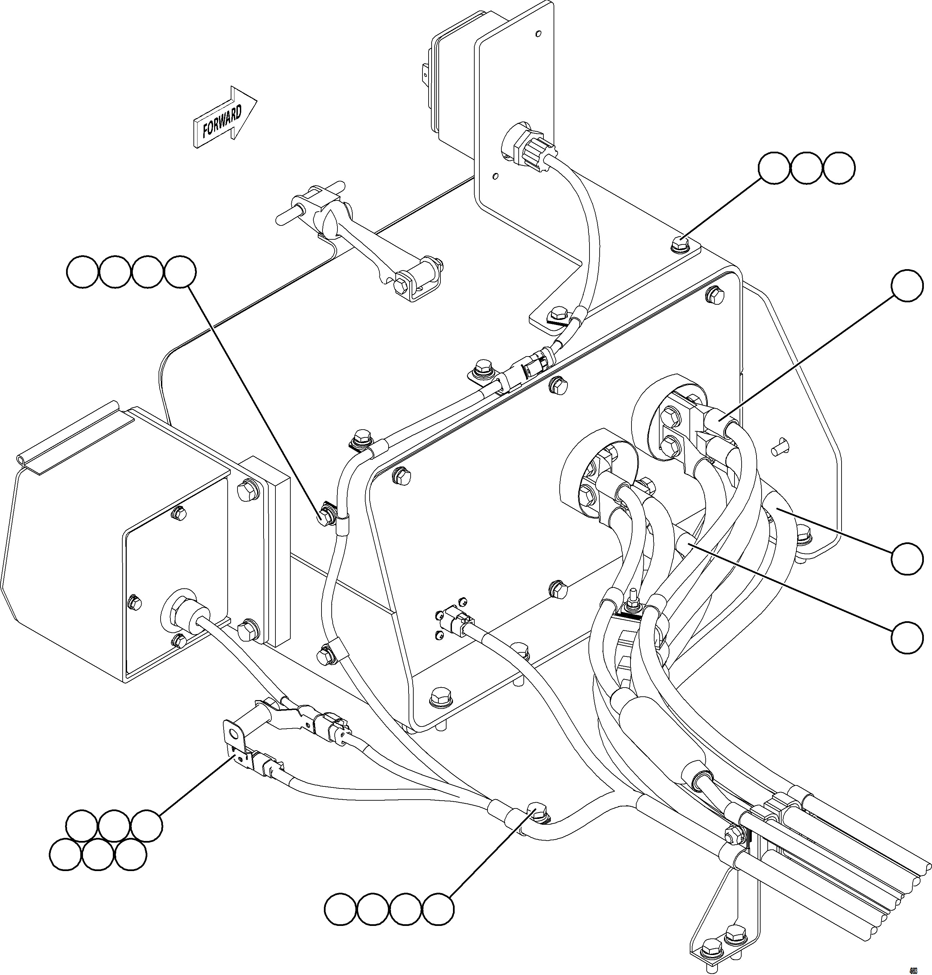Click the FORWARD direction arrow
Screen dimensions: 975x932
click(x=224, y=119)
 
